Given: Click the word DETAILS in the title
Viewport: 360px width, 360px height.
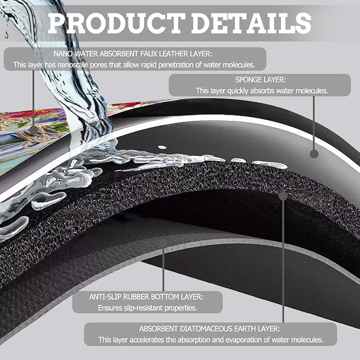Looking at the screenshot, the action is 251,23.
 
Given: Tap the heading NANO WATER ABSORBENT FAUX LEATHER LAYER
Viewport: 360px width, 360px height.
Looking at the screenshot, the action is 133,54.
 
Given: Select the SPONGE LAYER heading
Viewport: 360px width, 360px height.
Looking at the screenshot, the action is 260,80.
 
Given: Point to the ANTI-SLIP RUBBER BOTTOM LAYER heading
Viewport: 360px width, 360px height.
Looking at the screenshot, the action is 146,297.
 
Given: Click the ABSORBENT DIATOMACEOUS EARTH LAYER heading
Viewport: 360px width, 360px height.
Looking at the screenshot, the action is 209,329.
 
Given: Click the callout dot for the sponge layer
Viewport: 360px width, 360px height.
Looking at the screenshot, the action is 314,154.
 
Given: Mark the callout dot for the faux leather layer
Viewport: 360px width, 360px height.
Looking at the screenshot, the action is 33,130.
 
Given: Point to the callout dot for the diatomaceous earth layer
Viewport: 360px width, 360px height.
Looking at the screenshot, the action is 283,196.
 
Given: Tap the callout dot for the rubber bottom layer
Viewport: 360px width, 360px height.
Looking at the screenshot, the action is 163,243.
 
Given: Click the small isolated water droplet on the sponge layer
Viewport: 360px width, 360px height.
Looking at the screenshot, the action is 162,147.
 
